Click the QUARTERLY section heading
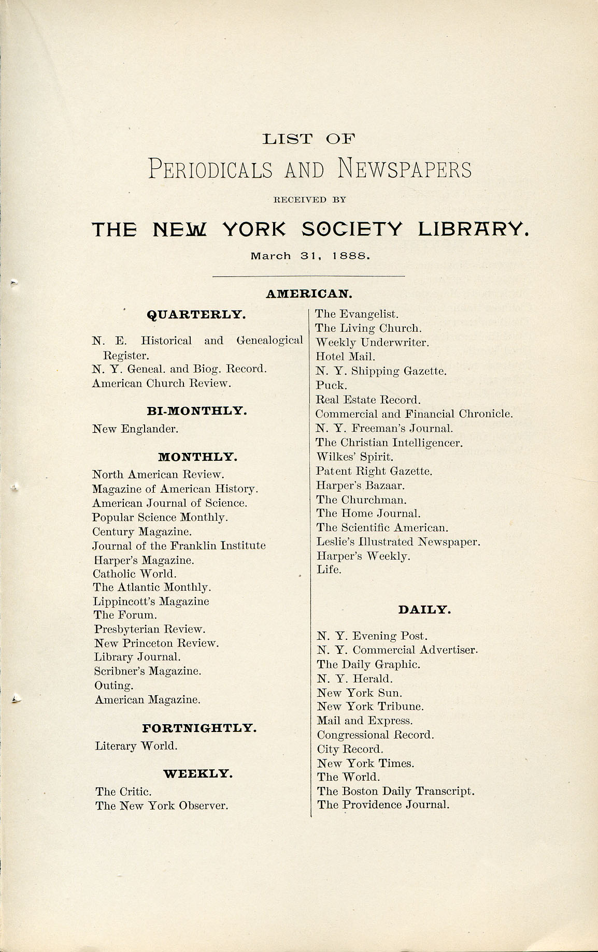click(x=196, y=315)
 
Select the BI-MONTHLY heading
click(x=197, y=411)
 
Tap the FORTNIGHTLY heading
click(x=200, y=728)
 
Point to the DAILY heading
click(x=424, y=610)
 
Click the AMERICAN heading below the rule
click(x=309, y=294)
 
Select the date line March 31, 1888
click(x=310, y=256)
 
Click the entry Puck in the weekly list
click(x=331, y=386)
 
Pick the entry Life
click(x=329, y=570)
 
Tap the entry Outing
click(x=114, y=686)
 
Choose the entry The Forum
click(x=125, y=616)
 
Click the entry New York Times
click(x=365, y=764)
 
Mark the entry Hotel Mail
click(x=345, y=357)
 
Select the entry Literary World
click(x=136, y=746)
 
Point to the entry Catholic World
click(x=135, y=574)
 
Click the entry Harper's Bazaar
click(x=361, y=486)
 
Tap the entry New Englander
click(x=135, y=429)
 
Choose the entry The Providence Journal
click(x=383, y=805)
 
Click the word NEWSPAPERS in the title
click(x=405, y=170)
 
